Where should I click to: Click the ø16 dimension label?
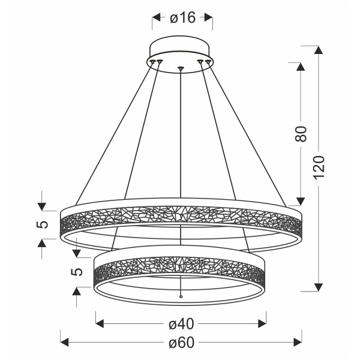[182, 18]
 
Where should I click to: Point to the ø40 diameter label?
[181, 324]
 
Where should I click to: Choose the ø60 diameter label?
[181, 343]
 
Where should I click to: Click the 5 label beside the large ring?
[41, 224]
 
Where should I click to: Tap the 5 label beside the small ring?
[76, 271]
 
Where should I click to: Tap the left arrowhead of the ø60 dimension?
[64, 343]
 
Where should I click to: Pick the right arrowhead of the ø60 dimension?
[298, 343]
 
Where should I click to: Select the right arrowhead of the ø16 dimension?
[209, 18]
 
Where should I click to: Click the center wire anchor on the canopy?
[181, 67]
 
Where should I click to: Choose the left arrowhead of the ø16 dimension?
[155, 18]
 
